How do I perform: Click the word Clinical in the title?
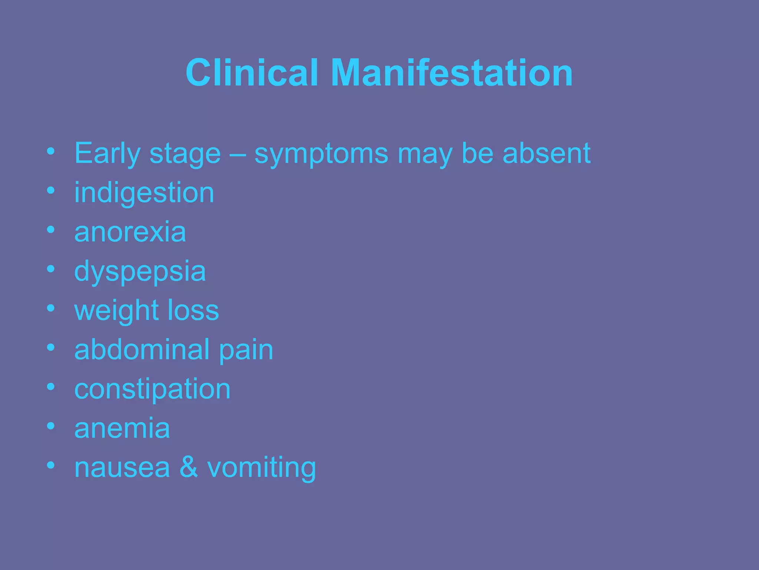[252, 73]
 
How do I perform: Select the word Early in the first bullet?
[107, 154]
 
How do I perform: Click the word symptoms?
[321, 154]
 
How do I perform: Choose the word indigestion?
[144, 193]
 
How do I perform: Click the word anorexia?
[130, 232]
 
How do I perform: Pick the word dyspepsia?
[140, 272]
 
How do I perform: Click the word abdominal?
[142, 350]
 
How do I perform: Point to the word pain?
[246, 350]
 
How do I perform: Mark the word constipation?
[152, 389]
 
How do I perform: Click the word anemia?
[122, 428]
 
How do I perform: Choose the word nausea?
[122, 468]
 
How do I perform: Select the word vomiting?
[261, 468]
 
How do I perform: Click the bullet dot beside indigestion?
[51, 191]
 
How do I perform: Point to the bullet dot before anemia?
[51, 426]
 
